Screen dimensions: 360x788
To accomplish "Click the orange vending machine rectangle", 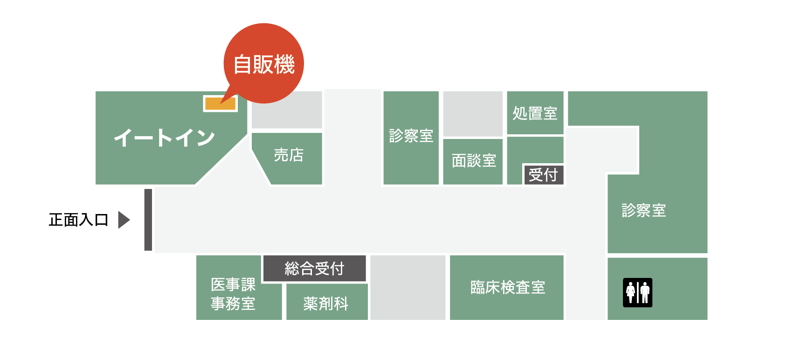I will [x=220, y=104].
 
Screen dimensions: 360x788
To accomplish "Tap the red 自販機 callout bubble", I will [x=264, y=63].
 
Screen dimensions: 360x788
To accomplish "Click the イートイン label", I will [x=164, y=138].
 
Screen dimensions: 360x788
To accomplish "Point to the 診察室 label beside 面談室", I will [x=411, y=136].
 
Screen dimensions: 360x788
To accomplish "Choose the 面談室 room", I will [x=473, y=161].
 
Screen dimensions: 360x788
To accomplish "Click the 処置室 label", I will [x=535, y=113].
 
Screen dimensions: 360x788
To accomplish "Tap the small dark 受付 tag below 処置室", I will [x=543, y=175].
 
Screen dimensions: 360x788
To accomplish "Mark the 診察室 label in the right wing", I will [x=643, y=210].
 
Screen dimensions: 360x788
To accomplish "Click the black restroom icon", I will [x=637, y=292].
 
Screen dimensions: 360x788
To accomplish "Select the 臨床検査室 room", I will [x=507, y=287].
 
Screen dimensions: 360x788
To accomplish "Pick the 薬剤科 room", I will [x=326, y=304].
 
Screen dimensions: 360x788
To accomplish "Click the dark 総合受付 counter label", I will [x=314, y=269].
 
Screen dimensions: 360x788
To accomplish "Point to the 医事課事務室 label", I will [x=233, y=294].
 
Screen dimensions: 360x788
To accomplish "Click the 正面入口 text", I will [x=78, y=220].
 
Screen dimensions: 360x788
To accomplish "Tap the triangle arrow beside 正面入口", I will [x=124, y=220].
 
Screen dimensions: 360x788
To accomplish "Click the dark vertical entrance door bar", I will [x=148, y=220].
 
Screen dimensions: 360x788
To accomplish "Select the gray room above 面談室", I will [x=473, y=114].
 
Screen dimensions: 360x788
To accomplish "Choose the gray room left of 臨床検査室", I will [x=408, y=287].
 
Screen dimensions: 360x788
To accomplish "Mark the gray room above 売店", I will [x=287, y=110].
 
